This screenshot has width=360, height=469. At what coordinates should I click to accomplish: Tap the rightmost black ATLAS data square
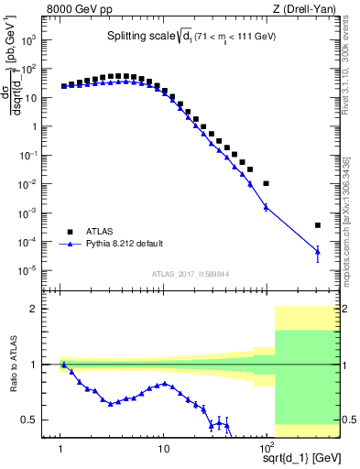tap(317, 224)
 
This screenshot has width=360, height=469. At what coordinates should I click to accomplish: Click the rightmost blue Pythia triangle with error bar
tap(317, 251)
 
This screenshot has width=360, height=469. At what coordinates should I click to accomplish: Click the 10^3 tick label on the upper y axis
tap(39, 41)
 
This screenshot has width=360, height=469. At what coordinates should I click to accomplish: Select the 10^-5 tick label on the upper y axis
tap(39, 270)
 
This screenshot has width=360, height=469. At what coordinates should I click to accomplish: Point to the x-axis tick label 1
tap(60, 447)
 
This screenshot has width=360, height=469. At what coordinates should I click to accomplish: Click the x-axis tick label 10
tap(163, 447)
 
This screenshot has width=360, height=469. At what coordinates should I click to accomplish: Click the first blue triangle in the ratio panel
tap(64, 365)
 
